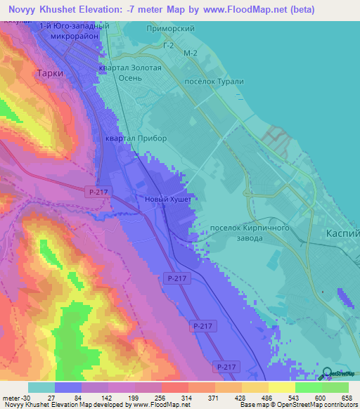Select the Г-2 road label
point(167,46)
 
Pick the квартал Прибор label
point(136,138)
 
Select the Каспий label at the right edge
point(344,233)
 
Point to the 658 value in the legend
point(347,398)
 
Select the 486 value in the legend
point(267,398)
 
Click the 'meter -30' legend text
point(15,398)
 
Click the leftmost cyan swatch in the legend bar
point(41,387)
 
